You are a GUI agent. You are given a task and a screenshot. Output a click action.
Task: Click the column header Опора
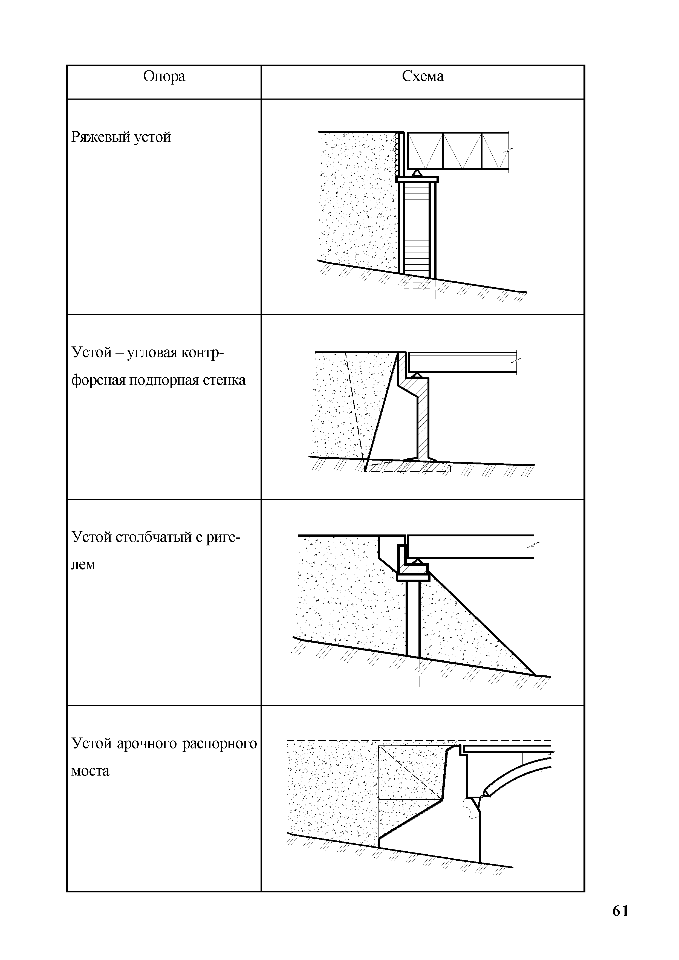(164, 77)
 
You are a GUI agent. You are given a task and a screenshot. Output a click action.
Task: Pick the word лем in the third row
(84, 565)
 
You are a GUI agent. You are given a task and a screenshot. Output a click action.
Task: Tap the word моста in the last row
(90, 771)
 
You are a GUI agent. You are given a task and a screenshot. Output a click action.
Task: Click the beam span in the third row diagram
(470, 547)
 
